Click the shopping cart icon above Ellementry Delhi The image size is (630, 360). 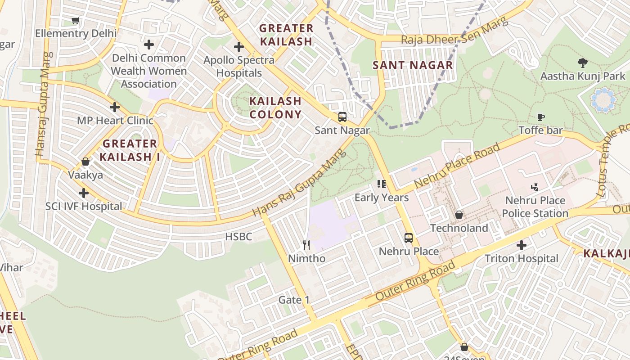pyautogui.click(x=76, y=21)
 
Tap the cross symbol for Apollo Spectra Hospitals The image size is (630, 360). pyautogui.click(x=239, y=47)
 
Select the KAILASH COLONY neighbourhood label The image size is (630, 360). pyautogui.click(x=275, y=108)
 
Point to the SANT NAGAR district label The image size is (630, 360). pyautogui.click(x=413, y=65)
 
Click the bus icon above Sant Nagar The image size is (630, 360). pyautogui.click(x=342, y=117)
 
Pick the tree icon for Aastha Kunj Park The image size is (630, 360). pyautogui.click(x=582, y=63)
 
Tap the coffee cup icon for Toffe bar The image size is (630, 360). pyautogui.click(x=541, y=117)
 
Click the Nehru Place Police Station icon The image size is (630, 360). pyautogui.click(x=535, y=187)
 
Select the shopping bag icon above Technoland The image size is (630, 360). pyautogui.click(x=459, y=215)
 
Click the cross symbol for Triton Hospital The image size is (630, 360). pyautogui.click(x=522, y=245)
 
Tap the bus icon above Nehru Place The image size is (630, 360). pyautogui.click(x=409, y=238)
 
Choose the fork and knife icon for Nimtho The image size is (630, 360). pyautogui.click(x=306, y=245)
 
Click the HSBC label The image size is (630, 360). pyautogui.click(x=238, y=237)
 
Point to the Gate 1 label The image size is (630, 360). pyautogui.click(x=294, y=300)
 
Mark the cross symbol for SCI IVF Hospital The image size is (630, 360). pyautogui.click(x=84, y=193)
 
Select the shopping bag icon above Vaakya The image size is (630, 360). pyautogui.click(x=85, y=162)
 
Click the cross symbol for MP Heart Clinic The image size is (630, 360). pyautogui.click(x=115, y=107)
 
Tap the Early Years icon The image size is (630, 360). pyautogui.click(x=382, y=184)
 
